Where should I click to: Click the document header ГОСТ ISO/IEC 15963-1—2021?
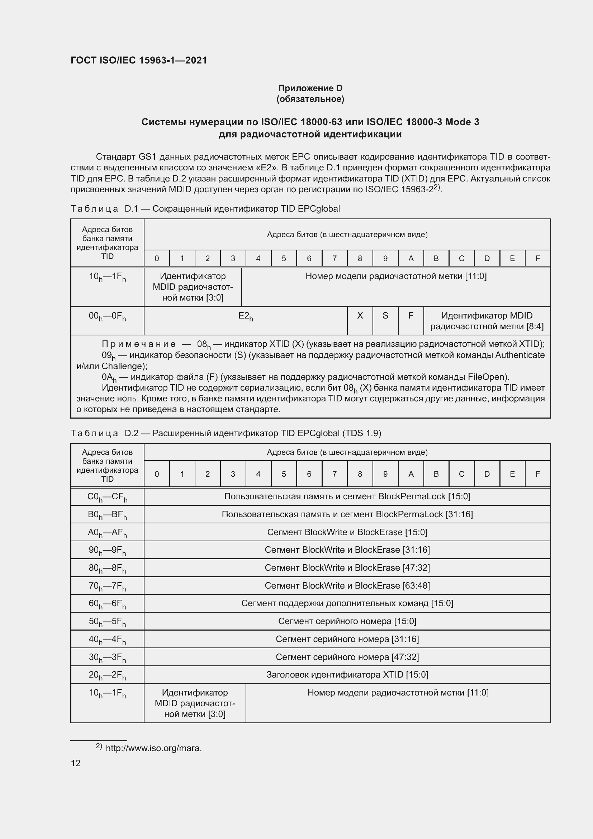138,61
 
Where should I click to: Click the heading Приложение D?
310,88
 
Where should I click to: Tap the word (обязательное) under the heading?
310,99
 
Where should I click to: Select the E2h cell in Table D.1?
245,316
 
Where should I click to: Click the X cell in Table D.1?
360,316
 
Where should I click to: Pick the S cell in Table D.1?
385,316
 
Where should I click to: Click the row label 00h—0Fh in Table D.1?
107,316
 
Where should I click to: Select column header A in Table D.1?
411,259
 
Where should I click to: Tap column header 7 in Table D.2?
334,474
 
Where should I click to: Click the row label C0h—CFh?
107,496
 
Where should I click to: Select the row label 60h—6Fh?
107,604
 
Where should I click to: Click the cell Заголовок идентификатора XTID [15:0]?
347,675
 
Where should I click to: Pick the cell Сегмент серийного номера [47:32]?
347,657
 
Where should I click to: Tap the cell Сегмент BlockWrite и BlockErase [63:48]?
347,586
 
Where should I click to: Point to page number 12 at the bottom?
76,763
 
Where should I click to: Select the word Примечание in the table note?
139,344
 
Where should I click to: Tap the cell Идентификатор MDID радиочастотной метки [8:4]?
487,321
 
